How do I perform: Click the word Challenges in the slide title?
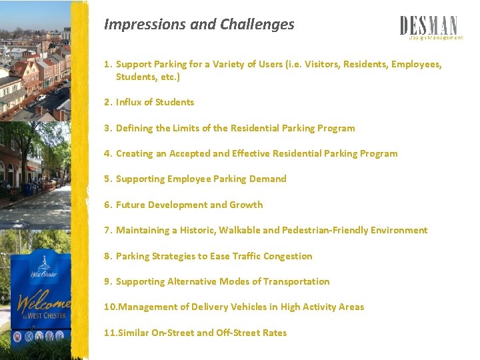pos(263,25)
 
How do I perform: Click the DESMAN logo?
pos(429,26)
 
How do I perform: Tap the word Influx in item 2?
pos(129,102)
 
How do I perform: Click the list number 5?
pos(107,179)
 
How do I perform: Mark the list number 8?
pos(107,256)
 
